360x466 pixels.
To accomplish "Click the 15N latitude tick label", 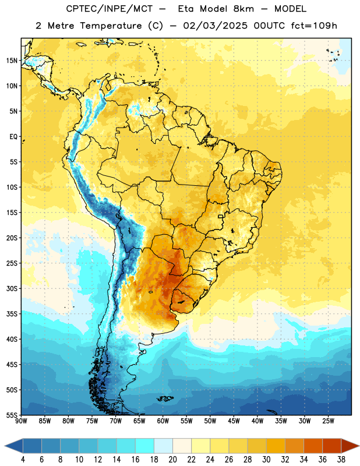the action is (x=12, y=61).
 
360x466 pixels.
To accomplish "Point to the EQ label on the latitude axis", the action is (x=13, y=137).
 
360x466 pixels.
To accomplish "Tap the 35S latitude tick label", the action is (x=12, y=314).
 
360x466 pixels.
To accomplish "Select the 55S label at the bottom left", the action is (x=12, y=415).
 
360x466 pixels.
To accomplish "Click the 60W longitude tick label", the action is (x=163, y=421).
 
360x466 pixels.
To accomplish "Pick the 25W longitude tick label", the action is (x=328, y=421).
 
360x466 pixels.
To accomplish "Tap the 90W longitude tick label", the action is (x=21, y=421).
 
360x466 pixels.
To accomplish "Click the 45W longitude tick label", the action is (x=234, y=421).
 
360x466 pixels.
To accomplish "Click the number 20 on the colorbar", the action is (x=172, y=460).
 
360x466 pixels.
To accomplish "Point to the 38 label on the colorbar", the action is (x=341, y=460).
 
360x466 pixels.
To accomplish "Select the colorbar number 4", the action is (x=23, y=460).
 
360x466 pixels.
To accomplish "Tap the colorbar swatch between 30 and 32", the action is (x=276, y=446).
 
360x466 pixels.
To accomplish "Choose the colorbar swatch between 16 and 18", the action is (x=145, y=446).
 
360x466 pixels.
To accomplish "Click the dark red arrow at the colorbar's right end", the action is (x=350, y=446).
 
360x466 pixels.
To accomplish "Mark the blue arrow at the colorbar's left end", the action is (x=13, y=446).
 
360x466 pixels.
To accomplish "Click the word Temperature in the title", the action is (x=111, y=26).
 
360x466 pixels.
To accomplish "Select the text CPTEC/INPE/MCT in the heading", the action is (x=109, y=9).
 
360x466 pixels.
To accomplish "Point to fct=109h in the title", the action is (x=314, y=26).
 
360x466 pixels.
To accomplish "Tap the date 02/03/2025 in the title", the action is (x=215, y=26).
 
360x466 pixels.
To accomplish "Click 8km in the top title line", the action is (x=243, y=9).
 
